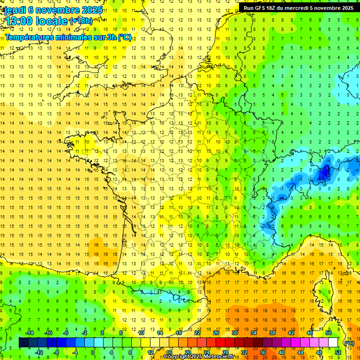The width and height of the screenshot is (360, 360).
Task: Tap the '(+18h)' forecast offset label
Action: [x=81, y=21]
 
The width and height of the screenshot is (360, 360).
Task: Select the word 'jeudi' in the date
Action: [x=14, y=9]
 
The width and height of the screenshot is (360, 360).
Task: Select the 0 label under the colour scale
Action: [x=93, y=352]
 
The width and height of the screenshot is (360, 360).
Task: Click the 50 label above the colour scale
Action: [x=329, y=333]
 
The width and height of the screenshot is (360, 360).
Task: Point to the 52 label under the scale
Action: [x=338, y=352]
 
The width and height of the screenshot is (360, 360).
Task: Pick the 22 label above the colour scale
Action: [x=197, y=333]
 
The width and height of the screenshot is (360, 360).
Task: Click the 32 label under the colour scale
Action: [x=244, y=352]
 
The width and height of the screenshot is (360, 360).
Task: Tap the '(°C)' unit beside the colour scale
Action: [x=349, y=343]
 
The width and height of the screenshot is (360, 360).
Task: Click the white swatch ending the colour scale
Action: [x=333, y=343]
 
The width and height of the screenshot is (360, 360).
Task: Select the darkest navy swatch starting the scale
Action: [x=23, y=343]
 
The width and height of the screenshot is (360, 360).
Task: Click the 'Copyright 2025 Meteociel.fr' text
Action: [x=199, y=357]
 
